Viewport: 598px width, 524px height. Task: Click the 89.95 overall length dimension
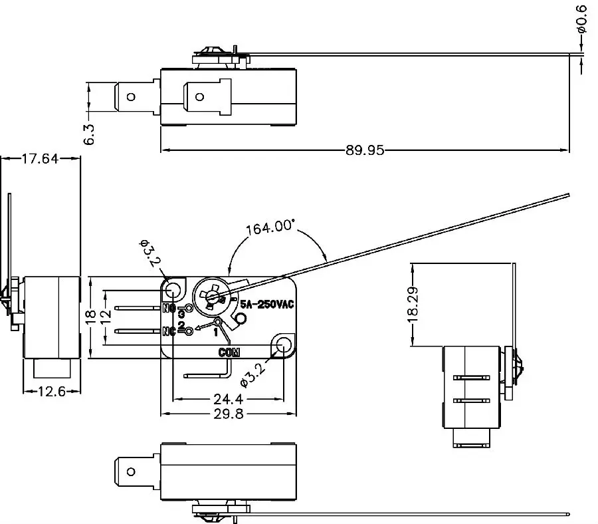[365, 150]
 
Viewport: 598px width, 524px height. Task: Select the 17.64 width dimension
[41, 158]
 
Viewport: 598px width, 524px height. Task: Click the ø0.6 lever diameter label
[581, 19]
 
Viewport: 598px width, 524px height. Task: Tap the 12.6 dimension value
[50, 391]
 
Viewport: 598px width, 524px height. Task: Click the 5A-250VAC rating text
[266, 304]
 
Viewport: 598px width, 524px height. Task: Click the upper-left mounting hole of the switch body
[173, 289]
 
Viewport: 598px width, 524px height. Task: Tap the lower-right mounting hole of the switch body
[283, 344]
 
